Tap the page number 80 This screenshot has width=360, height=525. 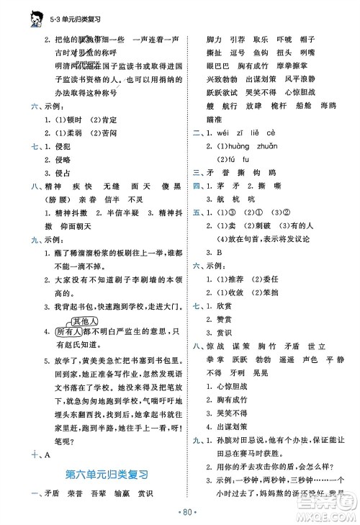click(x=180, y=512)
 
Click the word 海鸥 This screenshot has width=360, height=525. click(x=328, y=105)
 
